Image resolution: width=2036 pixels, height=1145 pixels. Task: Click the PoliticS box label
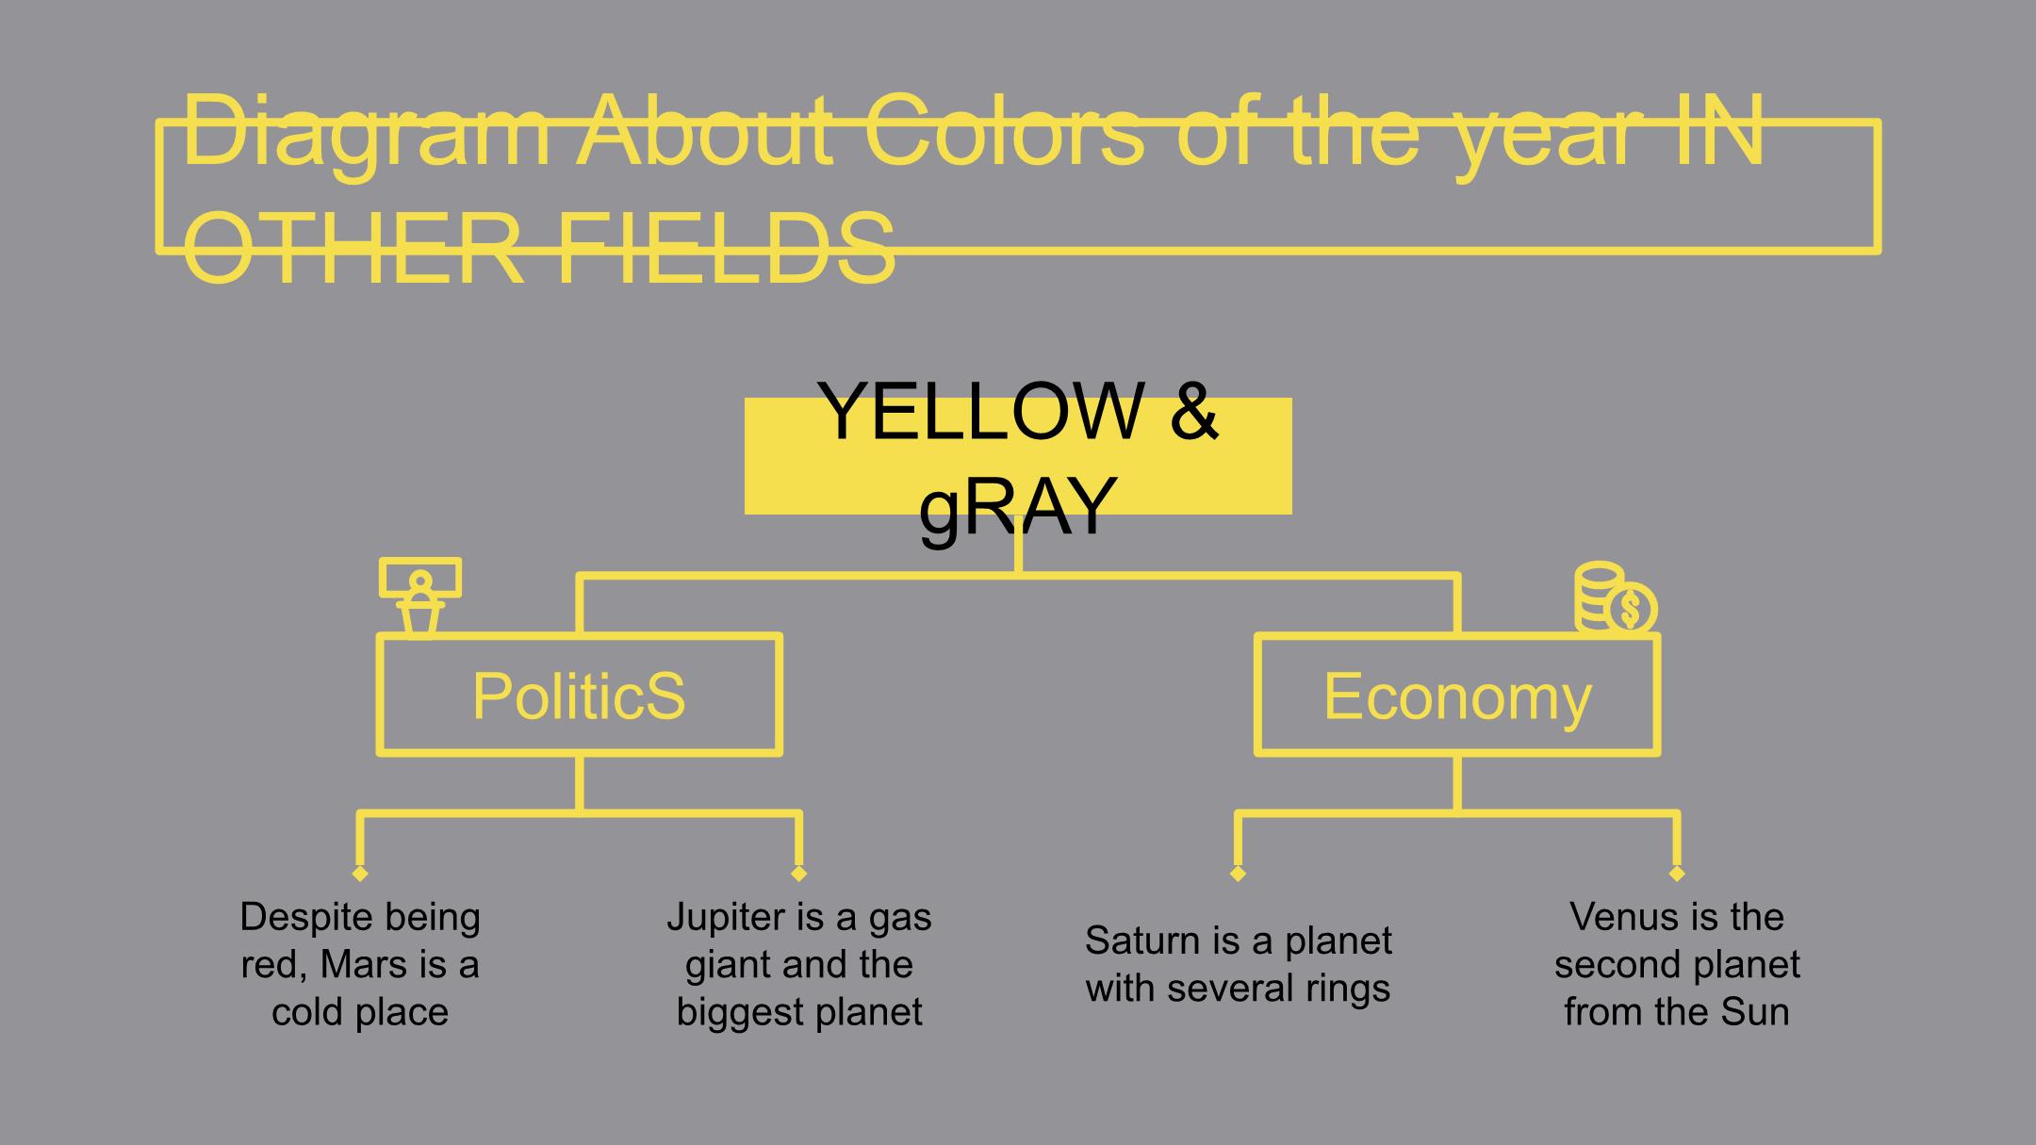[x=579, y=696]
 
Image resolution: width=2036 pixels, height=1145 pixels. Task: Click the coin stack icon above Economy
[x=1616, y=597]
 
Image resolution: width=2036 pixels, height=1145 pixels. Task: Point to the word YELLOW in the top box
[x=980, y=411]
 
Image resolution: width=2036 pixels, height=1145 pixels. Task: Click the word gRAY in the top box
[x=1018, y=507]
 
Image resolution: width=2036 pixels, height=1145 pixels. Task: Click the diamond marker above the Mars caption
[x=359, y=874]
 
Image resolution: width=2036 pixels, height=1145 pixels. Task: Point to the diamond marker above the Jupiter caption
[x=799, y=874]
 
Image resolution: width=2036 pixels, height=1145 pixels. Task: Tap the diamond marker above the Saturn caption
[x=1239, y=874]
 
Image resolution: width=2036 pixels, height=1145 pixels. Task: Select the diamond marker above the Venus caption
[x=1677, y=874]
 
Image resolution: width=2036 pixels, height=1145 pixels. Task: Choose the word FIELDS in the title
[x=726, y=249]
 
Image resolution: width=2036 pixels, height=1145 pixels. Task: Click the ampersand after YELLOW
[x=1195, y=411]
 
